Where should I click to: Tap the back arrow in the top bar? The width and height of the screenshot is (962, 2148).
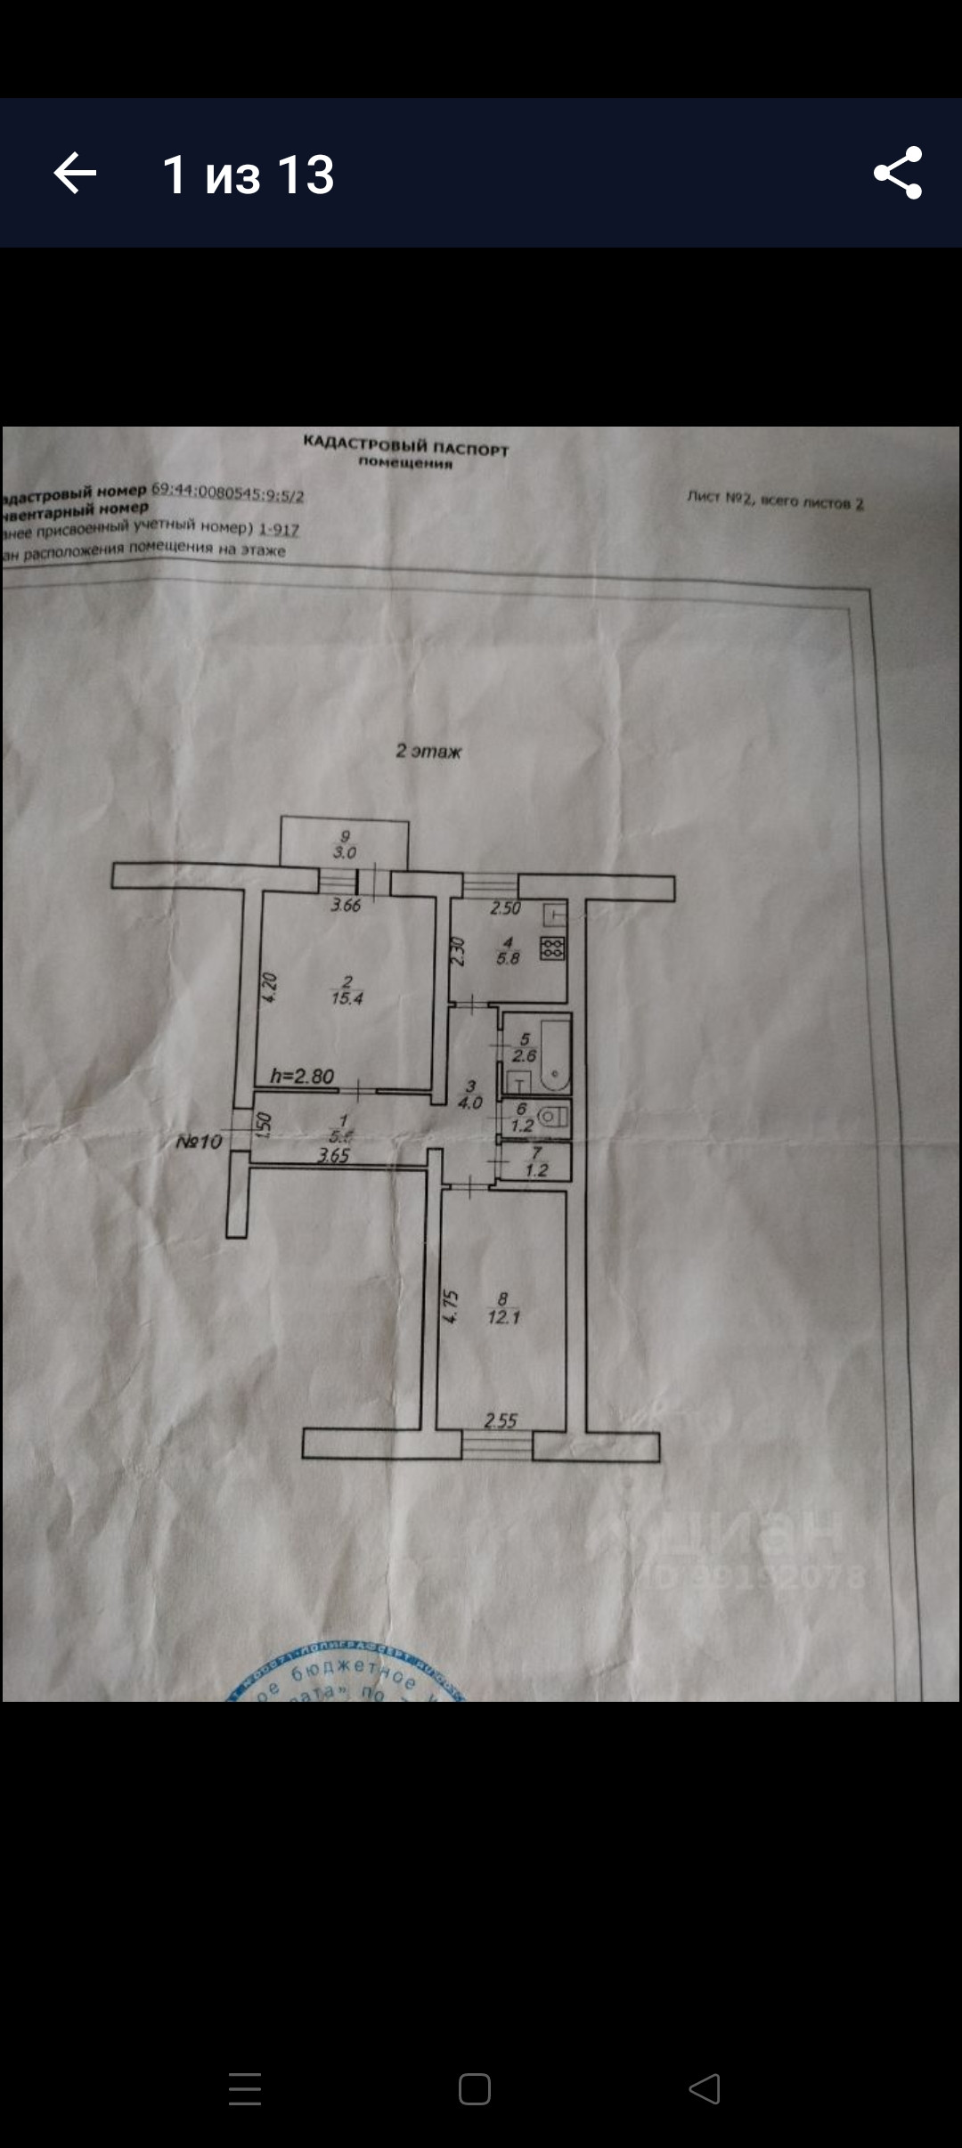coord(75,173)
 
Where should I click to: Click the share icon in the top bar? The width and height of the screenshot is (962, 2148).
coord(897,173)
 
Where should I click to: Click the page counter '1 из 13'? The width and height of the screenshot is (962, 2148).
coord(248,175)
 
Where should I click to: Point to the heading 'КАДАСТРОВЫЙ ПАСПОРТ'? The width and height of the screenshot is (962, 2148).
coord(405,446)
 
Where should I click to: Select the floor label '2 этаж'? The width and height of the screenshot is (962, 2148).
coord(428,752)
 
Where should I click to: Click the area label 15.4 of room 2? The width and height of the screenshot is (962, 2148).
coord(346,998)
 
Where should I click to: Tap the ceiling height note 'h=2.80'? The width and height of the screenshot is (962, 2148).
coord(302,1076)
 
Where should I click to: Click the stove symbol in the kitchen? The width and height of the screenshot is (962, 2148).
coord(552,948)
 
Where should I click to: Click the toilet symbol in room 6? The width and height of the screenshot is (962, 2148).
coord(555,1116)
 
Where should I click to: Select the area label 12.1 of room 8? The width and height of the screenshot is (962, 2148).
coord(503,1316)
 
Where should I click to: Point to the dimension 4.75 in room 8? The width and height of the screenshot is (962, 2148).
coord(451,1306)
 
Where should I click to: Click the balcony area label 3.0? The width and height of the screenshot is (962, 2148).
coord(345,852)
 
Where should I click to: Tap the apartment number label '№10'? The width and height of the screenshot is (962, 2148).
coord(199,1141)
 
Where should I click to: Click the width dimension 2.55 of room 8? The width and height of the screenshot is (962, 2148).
coord(501,1420)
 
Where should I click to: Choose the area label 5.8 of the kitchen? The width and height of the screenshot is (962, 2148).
coord(508,958)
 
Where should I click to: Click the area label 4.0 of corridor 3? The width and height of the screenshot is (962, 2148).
coord(469,1102)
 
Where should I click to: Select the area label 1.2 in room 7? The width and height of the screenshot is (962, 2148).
coord(536,1170)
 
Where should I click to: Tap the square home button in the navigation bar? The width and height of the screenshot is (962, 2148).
coord(475,2088)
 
